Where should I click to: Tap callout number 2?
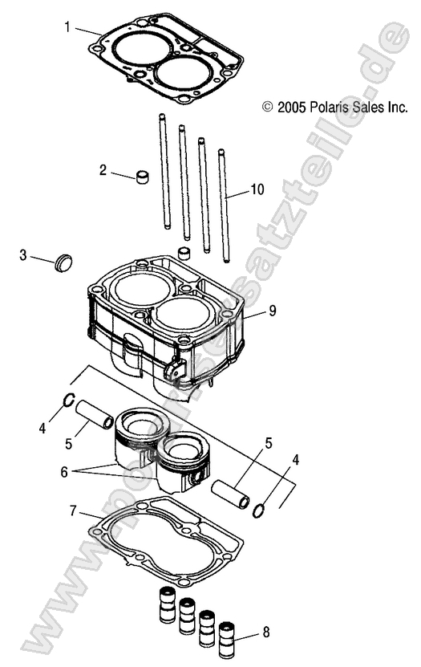103,169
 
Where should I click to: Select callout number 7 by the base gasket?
73,510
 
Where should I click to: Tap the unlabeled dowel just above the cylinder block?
183,255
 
